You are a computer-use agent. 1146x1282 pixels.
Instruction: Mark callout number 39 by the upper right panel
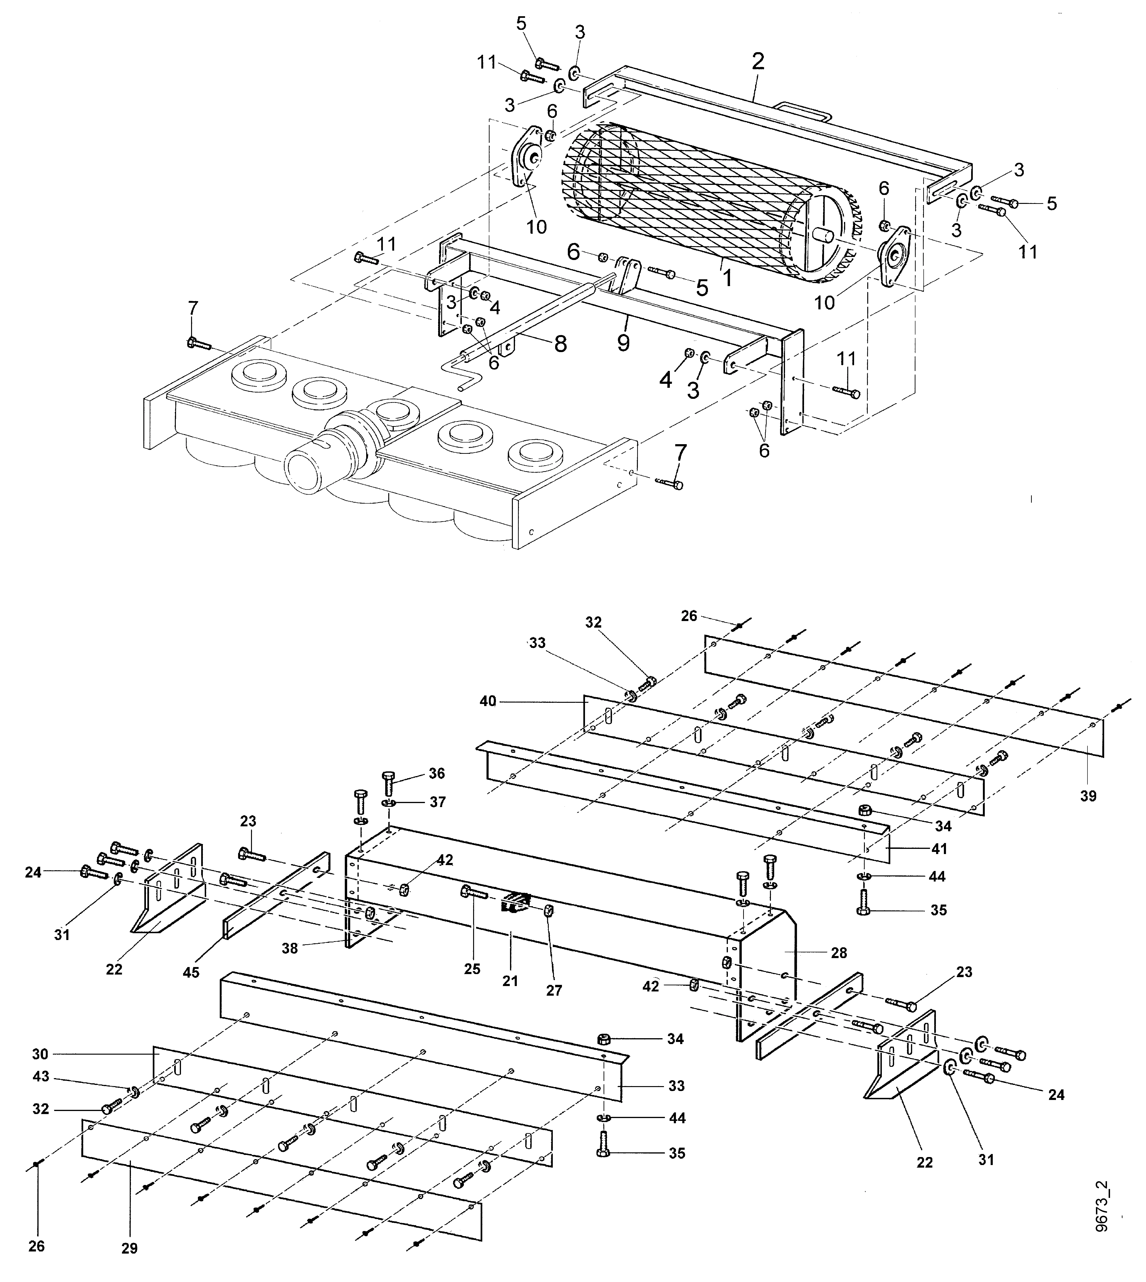pos(1088,796)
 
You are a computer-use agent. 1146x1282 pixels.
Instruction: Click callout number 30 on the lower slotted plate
pos(40,1053)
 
